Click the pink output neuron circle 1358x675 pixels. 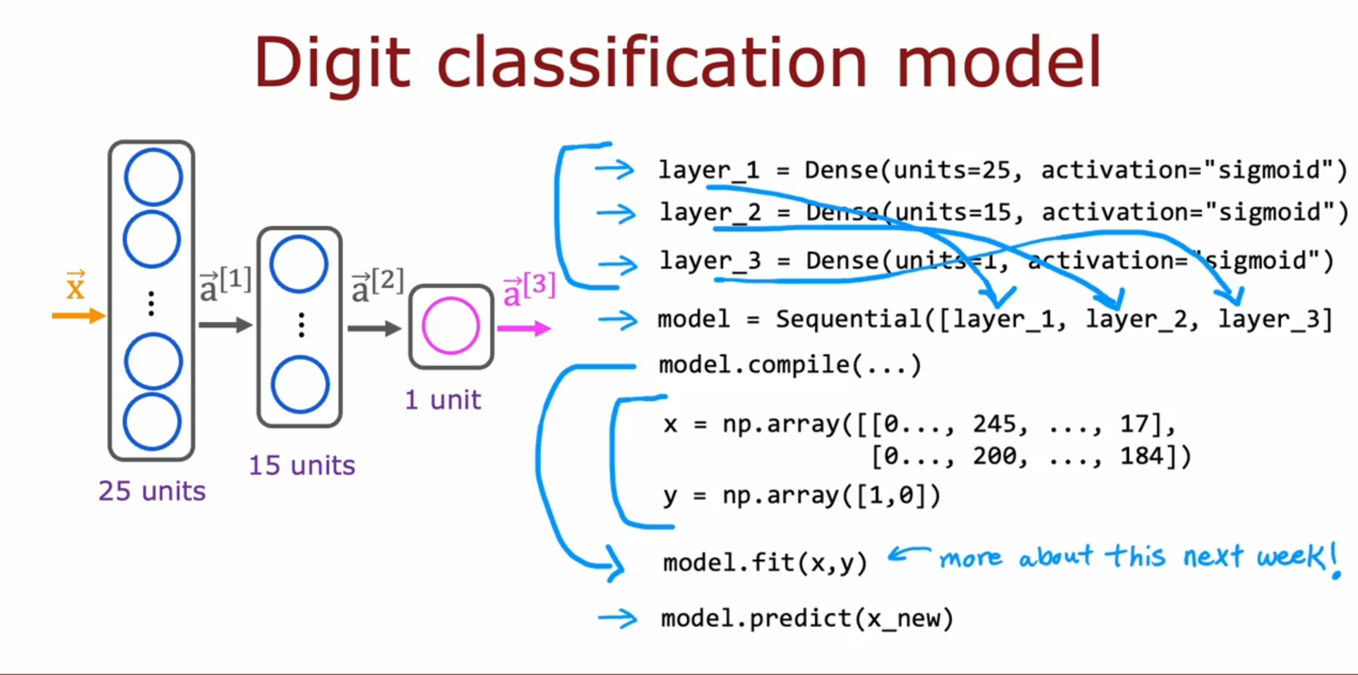click(451, 326)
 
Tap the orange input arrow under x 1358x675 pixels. click(78, 316)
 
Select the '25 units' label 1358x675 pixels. click(152, 491)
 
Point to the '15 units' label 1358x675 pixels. click(302, 465)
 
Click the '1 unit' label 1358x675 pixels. click(443, 400)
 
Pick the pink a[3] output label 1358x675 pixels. click(529, 289)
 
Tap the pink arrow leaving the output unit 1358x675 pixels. click(523, 328)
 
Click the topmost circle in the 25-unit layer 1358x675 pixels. click(153, 177)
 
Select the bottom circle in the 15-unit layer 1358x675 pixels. click(300, 385)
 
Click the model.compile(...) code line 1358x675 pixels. click(790, 365)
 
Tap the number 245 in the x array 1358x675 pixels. click(994, 424)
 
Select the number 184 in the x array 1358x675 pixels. click(1141, 456)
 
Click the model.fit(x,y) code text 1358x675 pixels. click(765, 563)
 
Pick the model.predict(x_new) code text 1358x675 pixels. click(807, 619)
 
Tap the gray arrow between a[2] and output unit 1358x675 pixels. click(374, 328)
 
